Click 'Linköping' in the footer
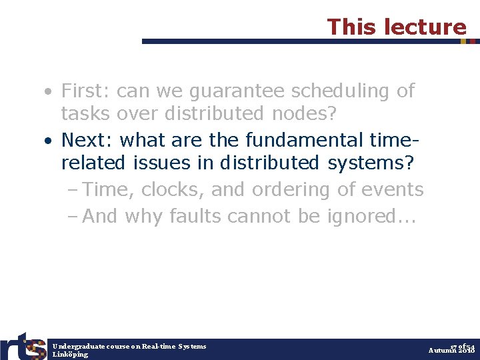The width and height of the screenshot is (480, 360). click(x=70, y=354)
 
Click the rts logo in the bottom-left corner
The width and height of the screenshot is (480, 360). click(x=23, y=345)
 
